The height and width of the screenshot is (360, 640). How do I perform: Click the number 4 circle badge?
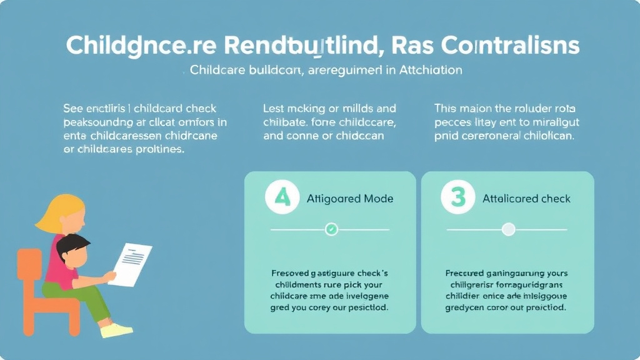[282, 198]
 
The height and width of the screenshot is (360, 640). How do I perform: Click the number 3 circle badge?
[458, 198]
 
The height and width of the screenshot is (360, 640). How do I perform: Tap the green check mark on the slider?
[332, 229]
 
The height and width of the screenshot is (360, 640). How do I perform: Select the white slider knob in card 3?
[509, 229]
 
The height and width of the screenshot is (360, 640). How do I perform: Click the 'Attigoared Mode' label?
[350, 199]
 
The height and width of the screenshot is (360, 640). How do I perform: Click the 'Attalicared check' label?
[526, 199]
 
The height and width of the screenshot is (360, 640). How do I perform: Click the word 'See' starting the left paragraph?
[74, 108]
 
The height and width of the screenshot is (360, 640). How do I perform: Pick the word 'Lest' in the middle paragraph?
[274, 108]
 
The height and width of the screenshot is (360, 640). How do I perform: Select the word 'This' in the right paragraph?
[446, 108]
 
